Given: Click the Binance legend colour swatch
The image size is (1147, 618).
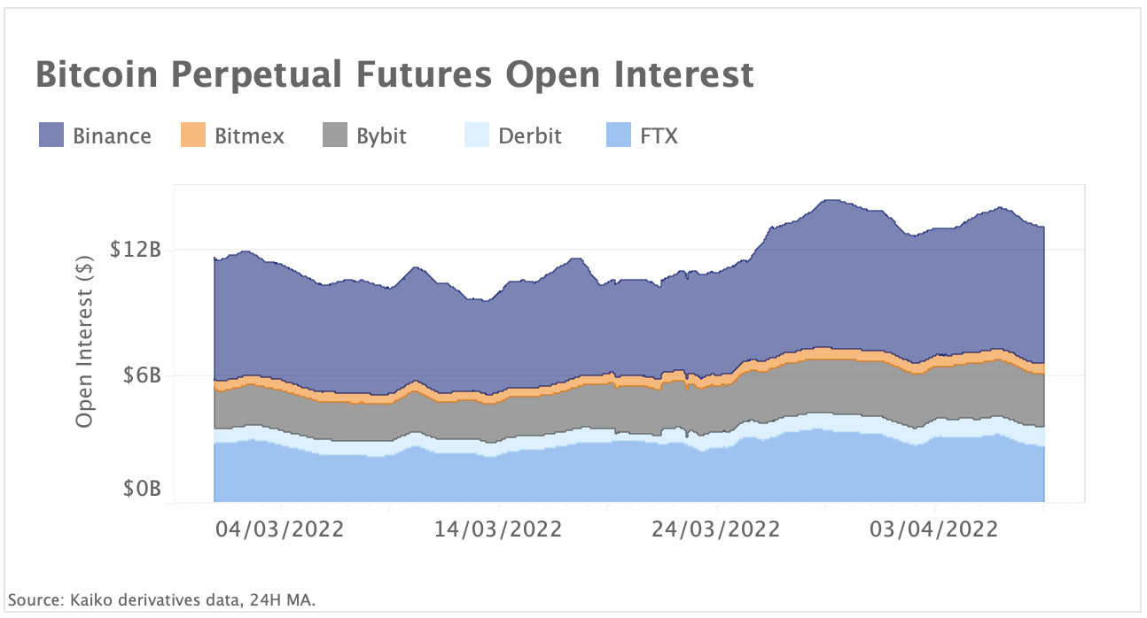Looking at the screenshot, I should tap(51, 136).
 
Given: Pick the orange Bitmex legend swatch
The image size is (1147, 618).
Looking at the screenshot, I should tap(193, 136).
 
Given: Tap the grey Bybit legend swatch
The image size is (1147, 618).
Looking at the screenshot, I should tap(334, 136).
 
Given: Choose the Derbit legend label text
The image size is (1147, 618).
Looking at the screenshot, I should tap(529, 136).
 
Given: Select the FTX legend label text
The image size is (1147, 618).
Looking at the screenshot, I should tap(659, 136).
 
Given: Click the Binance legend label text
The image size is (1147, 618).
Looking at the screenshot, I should tap(112, 136).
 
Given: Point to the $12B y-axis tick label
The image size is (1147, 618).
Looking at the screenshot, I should tap(135, 250).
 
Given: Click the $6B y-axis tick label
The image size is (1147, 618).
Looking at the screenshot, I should tap(140, 375).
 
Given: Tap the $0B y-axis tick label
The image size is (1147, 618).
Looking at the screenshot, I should tap(140, 490).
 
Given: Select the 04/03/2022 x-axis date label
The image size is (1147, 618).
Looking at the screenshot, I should tap(280, 529).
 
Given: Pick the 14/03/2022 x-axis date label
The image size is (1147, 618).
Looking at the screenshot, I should tap(498, 529).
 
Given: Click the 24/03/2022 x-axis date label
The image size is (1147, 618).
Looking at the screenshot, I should tap(716, 529).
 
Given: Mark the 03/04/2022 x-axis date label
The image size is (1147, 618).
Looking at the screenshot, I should tap(934, 529).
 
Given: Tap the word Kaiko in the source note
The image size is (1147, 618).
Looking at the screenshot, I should tap(85, 600).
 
